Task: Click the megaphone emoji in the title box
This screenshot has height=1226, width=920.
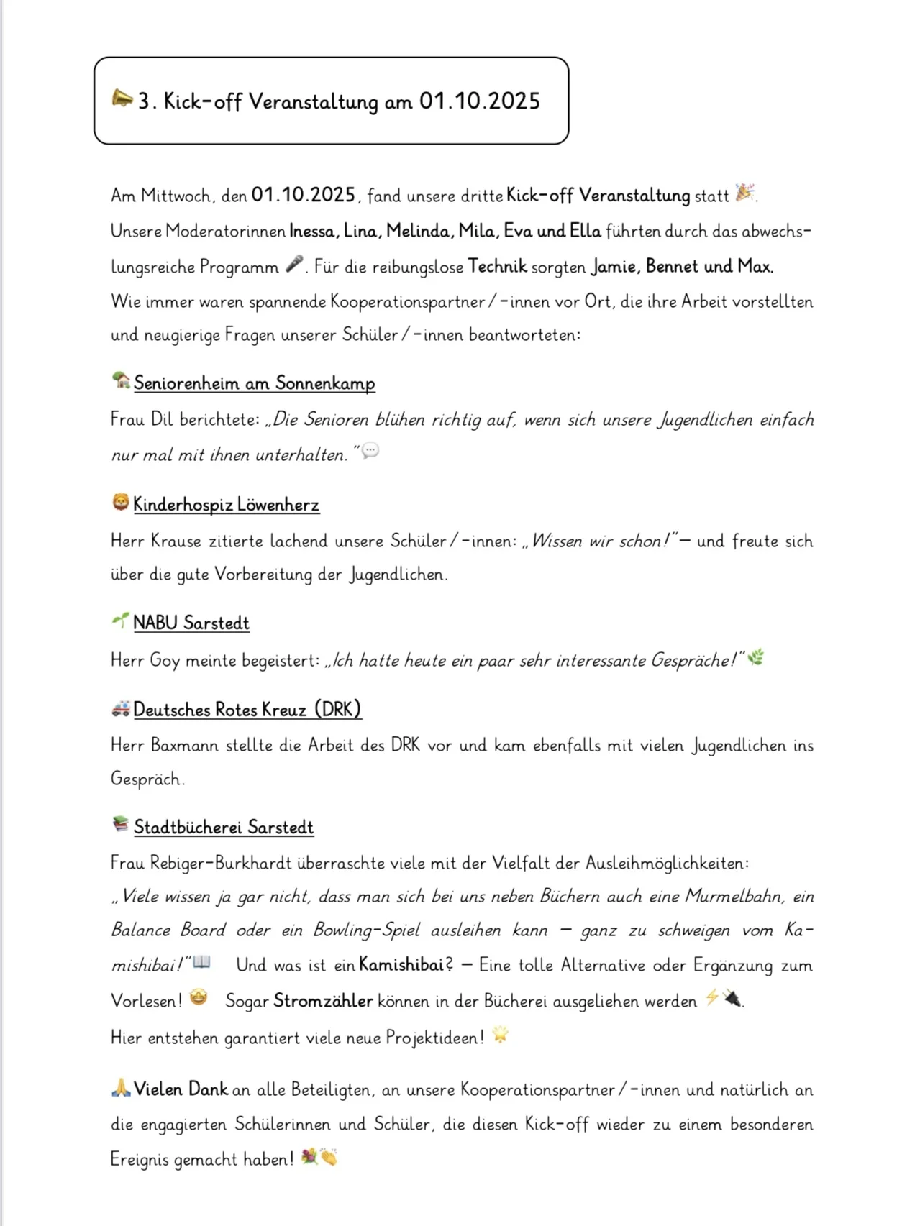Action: point(122,99)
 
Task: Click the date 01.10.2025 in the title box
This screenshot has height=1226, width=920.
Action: point(479,101)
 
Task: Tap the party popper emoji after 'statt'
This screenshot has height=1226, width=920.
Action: point(745,193)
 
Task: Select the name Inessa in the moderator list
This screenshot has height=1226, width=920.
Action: point(312,231)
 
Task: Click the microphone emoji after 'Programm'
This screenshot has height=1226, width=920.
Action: point(294,265)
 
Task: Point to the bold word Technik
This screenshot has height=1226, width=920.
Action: point(497,267)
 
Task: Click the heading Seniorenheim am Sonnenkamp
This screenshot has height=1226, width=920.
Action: point(254,383)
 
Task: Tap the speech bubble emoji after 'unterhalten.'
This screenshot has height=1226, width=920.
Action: point(370,451)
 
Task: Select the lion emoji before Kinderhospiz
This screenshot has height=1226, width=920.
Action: point(121,503)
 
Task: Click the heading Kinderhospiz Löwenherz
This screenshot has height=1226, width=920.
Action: point(226,505)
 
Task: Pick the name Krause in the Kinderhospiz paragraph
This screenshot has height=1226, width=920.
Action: point(176,541)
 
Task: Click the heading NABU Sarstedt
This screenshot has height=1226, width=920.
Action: point(191,623)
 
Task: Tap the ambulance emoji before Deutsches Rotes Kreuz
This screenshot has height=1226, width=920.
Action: point(121,709)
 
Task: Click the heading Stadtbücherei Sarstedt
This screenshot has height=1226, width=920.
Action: point(224,827)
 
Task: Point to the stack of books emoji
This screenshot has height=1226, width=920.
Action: point(121,824)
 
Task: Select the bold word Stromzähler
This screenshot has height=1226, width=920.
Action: point(323,1001)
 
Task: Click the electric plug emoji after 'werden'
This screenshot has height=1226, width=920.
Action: point(732,998)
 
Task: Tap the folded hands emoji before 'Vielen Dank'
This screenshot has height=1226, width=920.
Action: point(121,1089)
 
